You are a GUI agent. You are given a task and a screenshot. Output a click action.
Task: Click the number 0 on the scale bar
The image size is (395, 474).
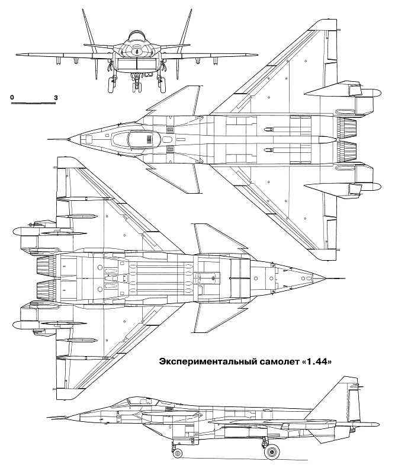[x=12, y=95]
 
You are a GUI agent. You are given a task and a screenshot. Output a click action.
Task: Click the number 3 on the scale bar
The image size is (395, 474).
[x=55, y=95]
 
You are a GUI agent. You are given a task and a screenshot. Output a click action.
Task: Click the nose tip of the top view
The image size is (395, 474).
[x=69, y=140]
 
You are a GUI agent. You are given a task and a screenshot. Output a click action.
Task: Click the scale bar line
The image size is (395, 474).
[x=33, y=103]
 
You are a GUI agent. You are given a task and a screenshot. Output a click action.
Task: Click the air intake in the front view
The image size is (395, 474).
[x=136, y=63]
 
